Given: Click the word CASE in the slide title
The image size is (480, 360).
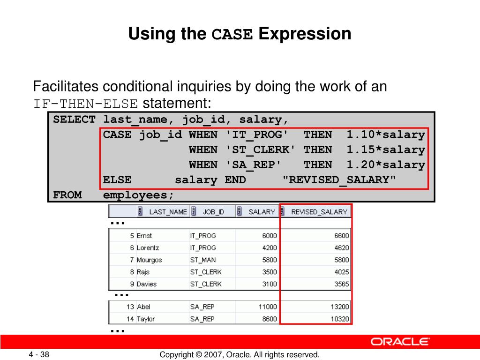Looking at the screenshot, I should (x=232, y=35).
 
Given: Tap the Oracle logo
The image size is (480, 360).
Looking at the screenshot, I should (x=400, y=341).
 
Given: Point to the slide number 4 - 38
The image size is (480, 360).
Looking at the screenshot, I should (x=40, y=355).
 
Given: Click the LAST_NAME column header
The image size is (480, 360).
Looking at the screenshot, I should (x=167, y=212).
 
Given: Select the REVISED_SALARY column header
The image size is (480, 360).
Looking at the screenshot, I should (x=319, y=212).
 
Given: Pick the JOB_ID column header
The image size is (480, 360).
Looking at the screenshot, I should (x=213, y=212).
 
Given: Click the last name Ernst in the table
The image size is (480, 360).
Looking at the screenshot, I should (x=144, y=236).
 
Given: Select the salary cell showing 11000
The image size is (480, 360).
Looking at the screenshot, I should (x=268, y=307).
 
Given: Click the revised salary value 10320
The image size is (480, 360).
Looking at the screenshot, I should (x=339, y=319).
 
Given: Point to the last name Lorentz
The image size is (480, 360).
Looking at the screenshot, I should (x=148, y=247).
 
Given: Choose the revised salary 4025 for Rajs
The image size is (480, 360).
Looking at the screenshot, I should (x=341, y=272).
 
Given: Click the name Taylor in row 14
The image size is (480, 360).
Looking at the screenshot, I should (x=146, y=319).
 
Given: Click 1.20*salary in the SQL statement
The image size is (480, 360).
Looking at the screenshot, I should (x=386, y=165).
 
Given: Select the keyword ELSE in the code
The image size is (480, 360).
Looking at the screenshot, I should (x=117, y=180).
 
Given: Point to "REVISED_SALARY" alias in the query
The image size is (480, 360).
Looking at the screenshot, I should (x=340, y=180).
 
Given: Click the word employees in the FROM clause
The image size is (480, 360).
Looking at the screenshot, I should (x=138, y=195).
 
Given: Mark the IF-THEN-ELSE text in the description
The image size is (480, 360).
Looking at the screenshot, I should (x=85, y=103).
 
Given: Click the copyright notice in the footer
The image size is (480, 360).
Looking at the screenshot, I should (x=240, y=355).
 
